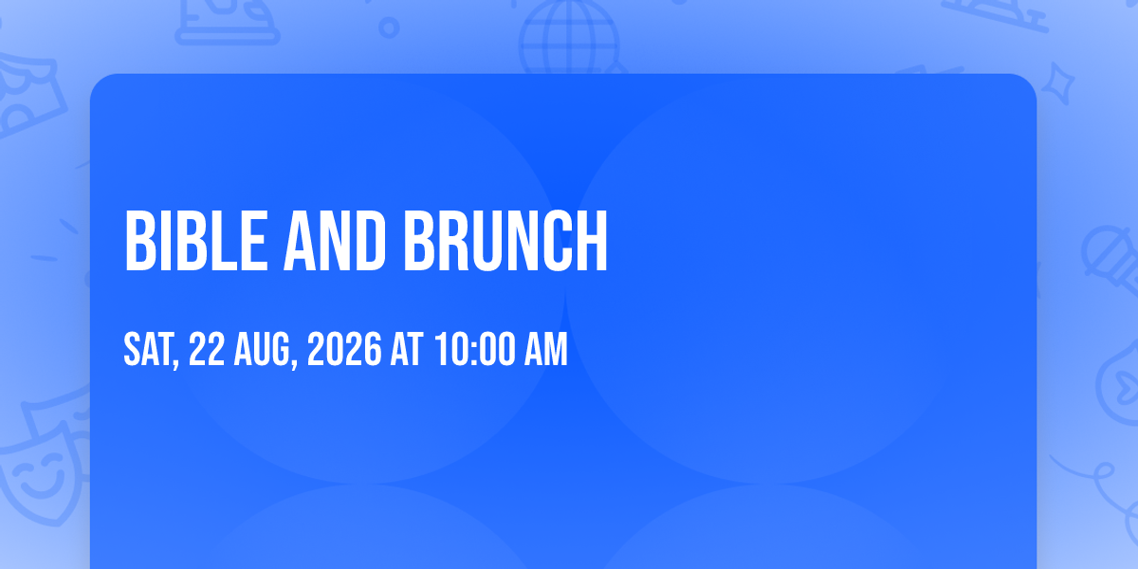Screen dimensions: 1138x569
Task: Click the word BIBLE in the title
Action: click(196, 241)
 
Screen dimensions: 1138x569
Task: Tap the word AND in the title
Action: click(334, 241)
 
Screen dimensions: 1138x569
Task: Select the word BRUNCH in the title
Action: click(505, 241)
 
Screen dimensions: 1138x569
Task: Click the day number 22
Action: click(207, 349)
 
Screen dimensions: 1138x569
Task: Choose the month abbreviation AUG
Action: click(262, 349)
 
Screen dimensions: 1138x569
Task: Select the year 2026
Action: click(344, 349)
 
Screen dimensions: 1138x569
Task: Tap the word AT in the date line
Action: click(407, 349)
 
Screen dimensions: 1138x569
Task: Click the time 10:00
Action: click(475, 349)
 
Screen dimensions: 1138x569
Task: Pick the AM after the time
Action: click(545, 349)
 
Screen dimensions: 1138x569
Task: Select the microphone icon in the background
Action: click(1111, 260)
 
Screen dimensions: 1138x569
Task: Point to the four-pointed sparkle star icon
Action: click(1057, 83)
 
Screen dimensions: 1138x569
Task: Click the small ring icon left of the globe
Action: click(389, 28)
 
